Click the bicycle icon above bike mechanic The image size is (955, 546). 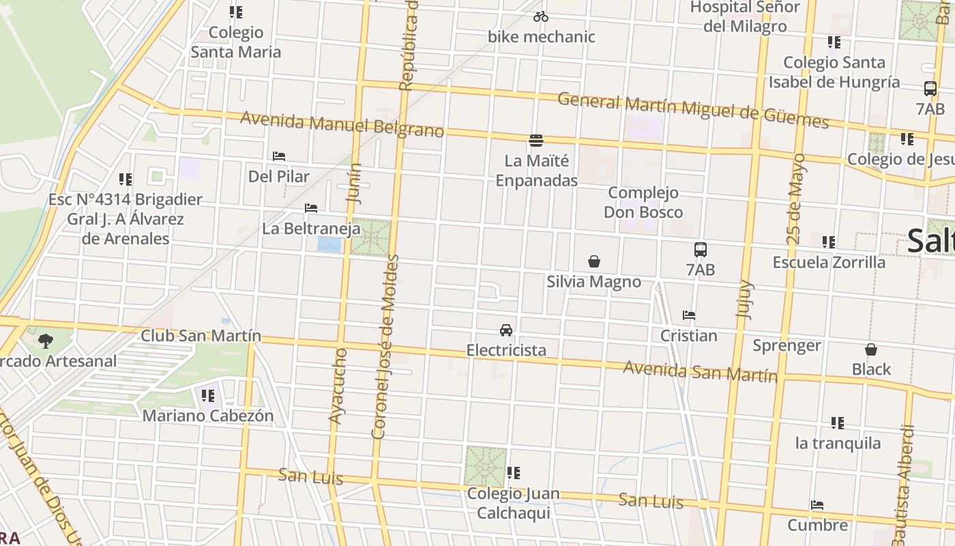(541, 16)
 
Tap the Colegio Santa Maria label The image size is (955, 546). (235, 42)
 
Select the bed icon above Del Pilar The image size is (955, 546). (278, 156)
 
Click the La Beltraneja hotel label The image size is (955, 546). (311, 229)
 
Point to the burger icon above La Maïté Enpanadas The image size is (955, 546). (536, 141)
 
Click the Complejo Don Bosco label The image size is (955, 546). (643, 203)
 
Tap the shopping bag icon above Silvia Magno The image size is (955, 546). (594, 261)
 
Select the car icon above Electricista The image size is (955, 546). (506, 330)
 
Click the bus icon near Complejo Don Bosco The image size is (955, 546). (701, 250)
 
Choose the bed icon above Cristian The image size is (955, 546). (689, 315)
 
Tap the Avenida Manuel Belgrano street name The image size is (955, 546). (342, 125)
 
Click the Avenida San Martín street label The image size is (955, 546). (701, 372)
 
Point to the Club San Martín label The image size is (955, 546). (201, 336)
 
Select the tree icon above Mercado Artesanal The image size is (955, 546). (46, 341)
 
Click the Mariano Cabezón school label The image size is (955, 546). (207, 416)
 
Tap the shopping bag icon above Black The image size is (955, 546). (871, 350)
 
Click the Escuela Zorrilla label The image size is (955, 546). (829, 262)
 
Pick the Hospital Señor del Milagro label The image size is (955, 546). (745, 17)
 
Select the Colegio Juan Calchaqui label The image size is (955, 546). (513, 503)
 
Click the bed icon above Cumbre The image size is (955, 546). (817, 506)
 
